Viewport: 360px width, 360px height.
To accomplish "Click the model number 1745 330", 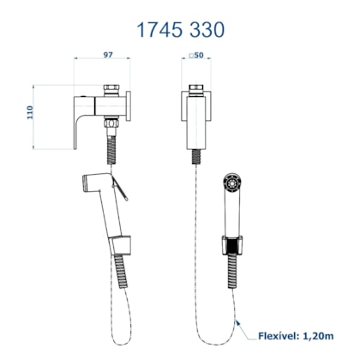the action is click(x=181, y=30).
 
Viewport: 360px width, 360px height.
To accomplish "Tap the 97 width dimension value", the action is click(x=108, y=55).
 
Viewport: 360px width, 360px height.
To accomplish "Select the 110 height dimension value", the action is click(x=30, y=112).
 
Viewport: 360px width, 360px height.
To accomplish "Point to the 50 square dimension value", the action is click(x=196, y=55).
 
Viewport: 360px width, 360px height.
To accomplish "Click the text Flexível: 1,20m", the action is click(x=296, y=336).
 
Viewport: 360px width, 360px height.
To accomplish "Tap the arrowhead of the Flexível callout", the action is click(x=237, y=322).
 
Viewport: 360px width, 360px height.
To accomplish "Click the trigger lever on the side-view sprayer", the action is click(x=120, y=188).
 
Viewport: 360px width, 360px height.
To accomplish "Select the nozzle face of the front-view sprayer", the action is click(x=232, y=183).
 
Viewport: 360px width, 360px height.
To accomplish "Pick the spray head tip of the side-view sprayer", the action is click(x=85, y=183).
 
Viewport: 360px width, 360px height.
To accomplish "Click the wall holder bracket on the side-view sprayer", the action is click(x=121, y=245).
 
